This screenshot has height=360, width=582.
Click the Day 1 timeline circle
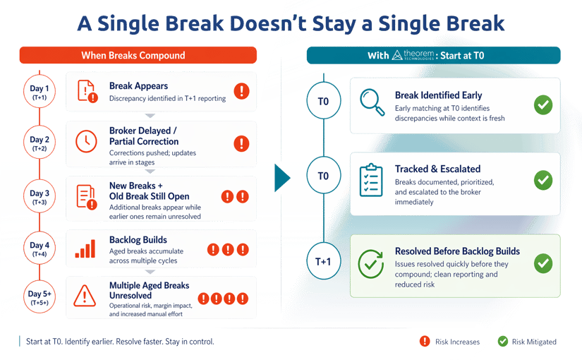click(39, 92)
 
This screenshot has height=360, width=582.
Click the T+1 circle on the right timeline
click(322, 262)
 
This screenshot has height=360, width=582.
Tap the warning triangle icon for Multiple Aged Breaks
click(85, 295)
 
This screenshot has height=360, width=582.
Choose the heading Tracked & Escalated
click(437, 169)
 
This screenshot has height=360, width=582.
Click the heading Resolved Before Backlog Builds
click(457, 251)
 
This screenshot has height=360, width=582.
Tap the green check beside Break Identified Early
click(542, 105)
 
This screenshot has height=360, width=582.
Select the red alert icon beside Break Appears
click(241, 91)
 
